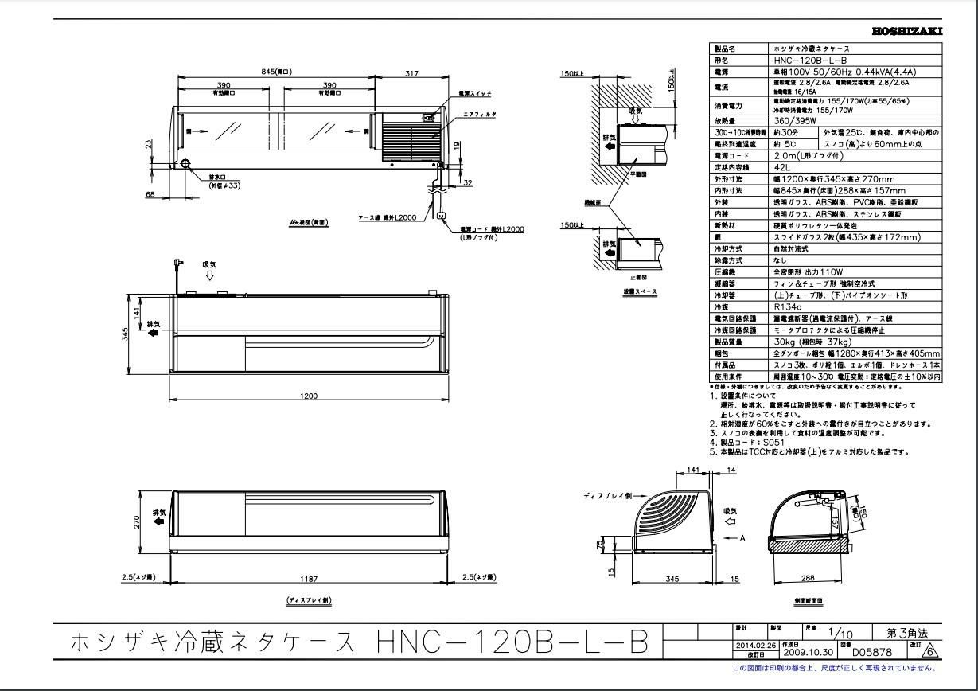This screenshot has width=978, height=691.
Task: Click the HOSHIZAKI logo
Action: click(x=907, y=31)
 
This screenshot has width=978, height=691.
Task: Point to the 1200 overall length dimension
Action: click(x=309, y=396)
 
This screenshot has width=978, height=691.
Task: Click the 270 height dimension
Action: click(x=137, y=521)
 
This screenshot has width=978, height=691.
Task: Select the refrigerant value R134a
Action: click(x=787, y=306)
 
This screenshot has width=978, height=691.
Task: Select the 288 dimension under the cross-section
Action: click(x=808, y=580)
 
